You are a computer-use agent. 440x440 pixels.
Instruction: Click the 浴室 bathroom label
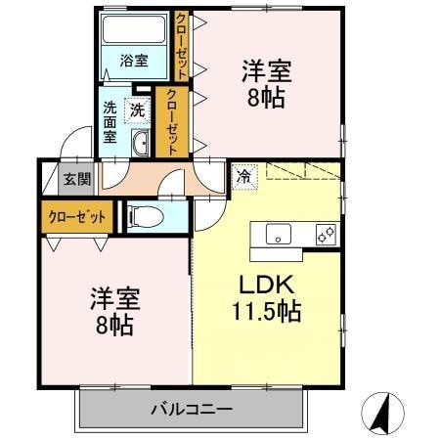pyautogui.click(x=134, y=61)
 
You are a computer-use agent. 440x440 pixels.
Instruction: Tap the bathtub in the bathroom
pyautogui.click(x=136, y=29)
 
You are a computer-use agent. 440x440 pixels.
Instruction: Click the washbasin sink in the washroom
pyautogui.click(x=140, y=145)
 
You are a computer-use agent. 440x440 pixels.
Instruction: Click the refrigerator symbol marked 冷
pyautogui.click(x=242, y=177)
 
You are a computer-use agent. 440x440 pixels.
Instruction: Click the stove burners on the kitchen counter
pyautogui.click(x=326, y=235)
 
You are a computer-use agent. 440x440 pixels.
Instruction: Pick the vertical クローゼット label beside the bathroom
pyautogui.click(x=182, y=44)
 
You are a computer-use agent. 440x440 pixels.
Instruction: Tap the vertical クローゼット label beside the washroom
pyautogui.click(x=171, y=123)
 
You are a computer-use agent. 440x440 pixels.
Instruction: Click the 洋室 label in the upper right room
pyautogui.click(x=266, y=71)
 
